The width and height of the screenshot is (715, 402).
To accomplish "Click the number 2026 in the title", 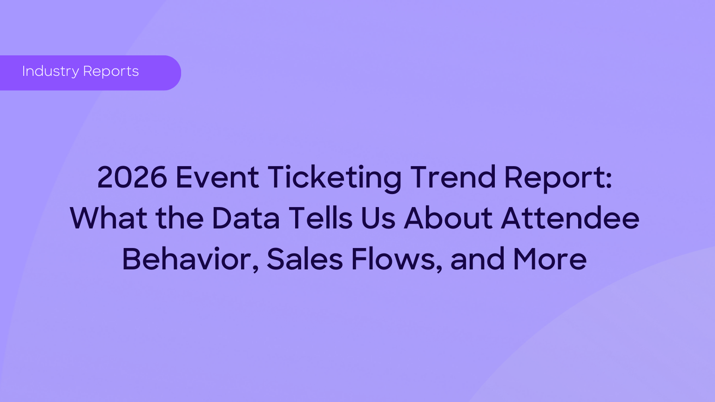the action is tap(132, 177).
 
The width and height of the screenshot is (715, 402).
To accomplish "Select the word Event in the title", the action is tap(217, 177).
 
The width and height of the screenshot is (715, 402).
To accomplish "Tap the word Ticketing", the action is tap(334, 179).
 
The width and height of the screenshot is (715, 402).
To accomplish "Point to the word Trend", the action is tap(453, 177).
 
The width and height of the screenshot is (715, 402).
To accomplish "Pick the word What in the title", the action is tap(108, 218).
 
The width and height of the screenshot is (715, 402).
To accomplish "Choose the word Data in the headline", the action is tap(245, 218).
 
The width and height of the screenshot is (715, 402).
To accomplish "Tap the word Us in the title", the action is tap(378, 218).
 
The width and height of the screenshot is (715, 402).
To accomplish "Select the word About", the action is tap(448, 218).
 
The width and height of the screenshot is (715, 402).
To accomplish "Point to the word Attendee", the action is tap(570, 218).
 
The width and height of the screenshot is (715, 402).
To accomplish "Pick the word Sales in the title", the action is tap(305, 258).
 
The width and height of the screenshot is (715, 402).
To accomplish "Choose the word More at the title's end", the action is tap(550, 259).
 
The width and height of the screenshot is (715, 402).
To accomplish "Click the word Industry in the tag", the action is tap(50, 71).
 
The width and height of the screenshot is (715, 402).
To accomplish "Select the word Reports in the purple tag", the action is tap(111, 72).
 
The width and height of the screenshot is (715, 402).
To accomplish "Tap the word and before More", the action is tap(478, 258).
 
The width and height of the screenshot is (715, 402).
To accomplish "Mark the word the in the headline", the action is tap(180, 218).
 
